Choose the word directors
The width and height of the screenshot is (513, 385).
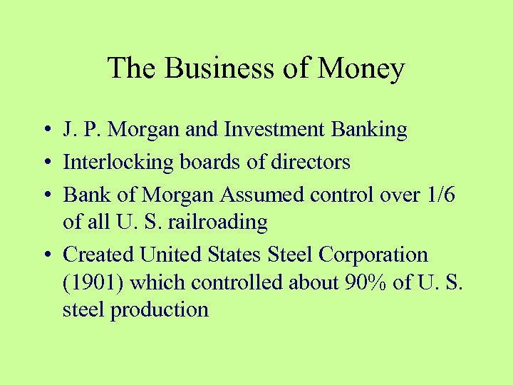point(311,162)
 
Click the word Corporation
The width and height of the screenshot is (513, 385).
point(373,255)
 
